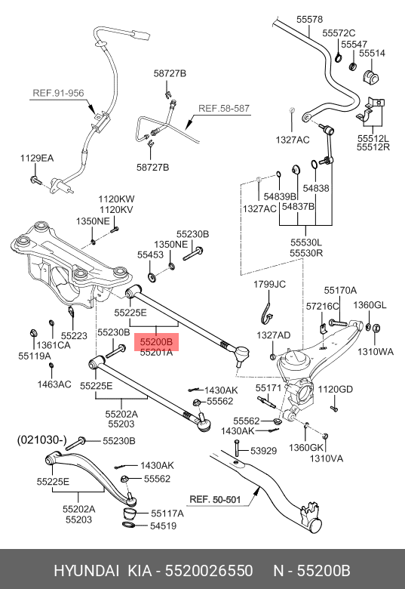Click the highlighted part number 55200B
156,342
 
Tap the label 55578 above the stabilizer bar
309,19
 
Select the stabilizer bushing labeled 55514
370,76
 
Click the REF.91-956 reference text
58,93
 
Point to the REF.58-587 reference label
224,109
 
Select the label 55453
150,254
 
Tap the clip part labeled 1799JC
266,313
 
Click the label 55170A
340,291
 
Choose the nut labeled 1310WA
377,328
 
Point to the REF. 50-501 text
215,500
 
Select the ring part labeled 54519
130,524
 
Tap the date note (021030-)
41,440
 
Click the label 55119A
35,356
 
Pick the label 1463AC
54,384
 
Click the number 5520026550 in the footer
209,571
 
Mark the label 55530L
306,242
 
